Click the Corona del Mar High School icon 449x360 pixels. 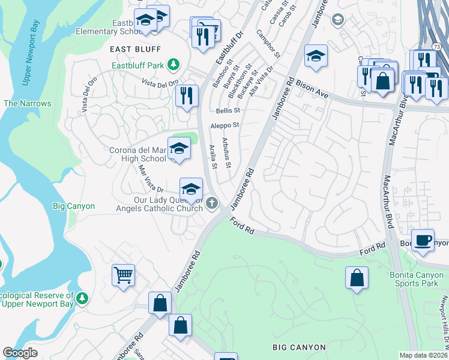(x=179, y=149)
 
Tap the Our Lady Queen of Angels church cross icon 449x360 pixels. (x=211, y=204)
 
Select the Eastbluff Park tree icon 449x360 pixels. (x=173, y=64)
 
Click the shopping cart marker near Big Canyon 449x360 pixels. (x=123, y=275)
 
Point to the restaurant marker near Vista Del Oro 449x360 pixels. (x=187, y=95)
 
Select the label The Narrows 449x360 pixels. (x=28, y=103)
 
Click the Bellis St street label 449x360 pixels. (x=228, y=110)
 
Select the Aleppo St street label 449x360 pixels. (x=224, y=125)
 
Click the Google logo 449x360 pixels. (x=20, y=353)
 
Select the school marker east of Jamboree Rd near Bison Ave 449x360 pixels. (x=316, y=56)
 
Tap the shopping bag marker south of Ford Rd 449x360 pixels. (x=357, y=278)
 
